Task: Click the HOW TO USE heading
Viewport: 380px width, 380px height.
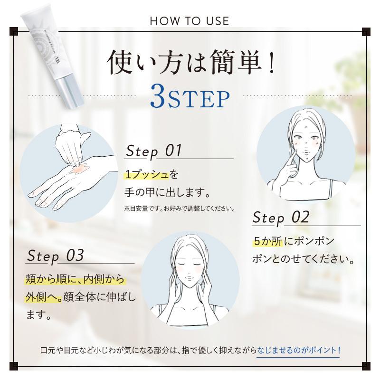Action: [x=190, y=21]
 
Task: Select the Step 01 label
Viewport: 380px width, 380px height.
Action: [x=153, y=151]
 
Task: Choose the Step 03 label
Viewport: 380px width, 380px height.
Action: [x=56, y=256]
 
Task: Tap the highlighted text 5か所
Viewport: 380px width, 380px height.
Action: [x=267, y=241]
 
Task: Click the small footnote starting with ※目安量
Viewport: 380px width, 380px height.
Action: [x=180, y=208]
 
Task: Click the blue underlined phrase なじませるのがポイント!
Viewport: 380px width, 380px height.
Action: [x=298, y=351]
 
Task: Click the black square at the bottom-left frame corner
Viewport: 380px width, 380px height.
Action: [x=13, y=367]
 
